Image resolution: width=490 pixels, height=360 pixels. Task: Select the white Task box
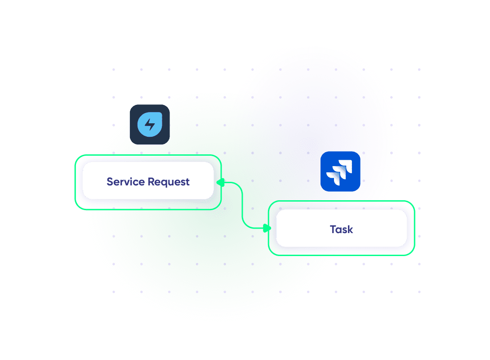point(341,228)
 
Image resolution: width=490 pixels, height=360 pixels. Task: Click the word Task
point(341,229)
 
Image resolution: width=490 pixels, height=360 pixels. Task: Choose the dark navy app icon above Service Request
point(150,125)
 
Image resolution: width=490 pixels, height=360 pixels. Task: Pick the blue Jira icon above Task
point(340,171)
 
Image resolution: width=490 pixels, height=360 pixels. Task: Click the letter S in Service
point(110,182)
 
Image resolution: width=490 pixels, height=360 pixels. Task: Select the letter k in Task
point(350,229)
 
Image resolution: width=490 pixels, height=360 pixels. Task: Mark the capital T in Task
point(333,229)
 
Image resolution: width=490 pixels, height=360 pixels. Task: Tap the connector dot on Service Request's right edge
point(221,182)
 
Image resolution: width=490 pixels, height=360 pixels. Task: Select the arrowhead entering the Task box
point(266,228)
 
